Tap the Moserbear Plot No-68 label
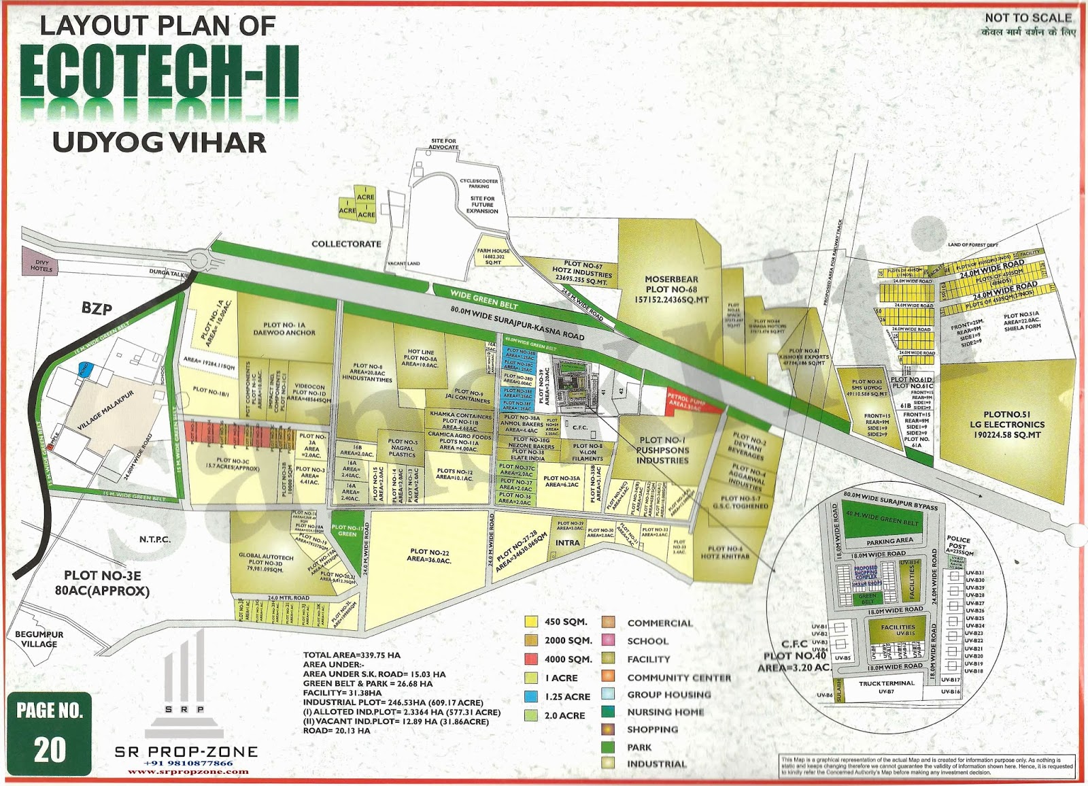pyautogui.click(x=671, y=289)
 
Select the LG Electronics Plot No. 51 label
pyautogui.click(x=1007, y=424)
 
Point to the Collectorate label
pyautogui.click(x=346, y=244)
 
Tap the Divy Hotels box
pyautogui.click(x=41, y=262)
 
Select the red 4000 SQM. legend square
pyautogui.click(x=532, y=659)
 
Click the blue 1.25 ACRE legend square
pyautogui.click(x=532, y=696)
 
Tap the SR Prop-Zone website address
pyautogui.click(x=188, y=772)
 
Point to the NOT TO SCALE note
pyautogui.click(x=1027, y=18)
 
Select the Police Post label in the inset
pyautogui.click(x=959, y=544)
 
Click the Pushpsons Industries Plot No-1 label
pyautogui.click(x=662, y=451)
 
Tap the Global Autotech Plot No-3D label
pyautogui.click(x=265, y=563)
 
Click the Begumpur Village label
pyautogui.click(x=39, y=639)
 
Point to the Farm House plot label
pyautogui.click(x=493, y=256)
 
